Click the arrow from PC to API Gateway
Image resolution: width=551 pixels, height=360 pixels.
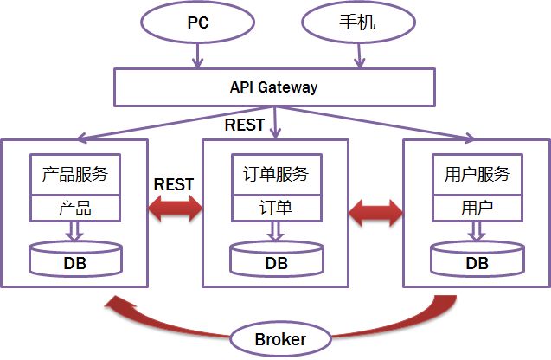coord(198,55)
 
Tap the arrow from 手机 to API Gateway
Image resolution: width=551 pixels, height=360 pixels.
coord(359,55)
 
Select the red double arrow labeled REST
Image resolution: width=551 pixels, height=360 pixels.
coord(175,208)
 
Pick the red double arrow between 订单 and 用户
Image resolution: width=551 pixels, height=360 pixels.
coord(375,212)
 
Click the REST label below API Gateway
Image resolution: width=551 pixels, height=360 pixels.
coord(245,125)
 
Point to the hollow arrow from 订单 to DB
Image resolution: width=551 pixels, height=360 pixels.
coord(276,231)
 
